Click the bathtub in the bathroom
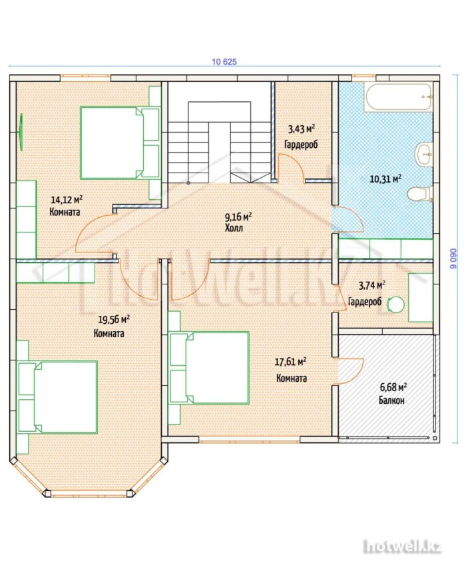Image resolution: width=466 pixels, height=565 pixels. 398,97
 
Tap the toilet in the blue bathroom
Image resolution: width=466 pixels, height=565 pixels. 419,194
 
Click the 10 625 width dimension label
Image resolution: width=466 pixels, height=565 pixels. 224,61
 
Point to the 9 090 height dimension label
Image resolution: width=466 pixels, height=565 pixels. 453,259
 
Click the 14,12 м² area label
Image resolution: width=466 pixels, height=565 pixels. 67,199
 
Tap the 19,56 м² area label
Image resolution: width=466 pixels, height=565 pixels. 114,319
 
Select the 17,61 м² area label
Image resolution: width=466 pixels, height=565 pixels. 290,361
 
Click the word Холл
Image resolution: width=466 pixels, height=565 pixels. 234,228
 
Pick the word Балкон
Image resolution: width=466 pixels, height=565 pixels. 391,400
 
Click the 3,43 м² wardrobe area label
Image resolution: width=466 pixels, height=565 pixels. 301,129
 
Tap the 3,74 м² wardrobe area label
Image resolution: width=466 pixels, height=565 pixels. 371,286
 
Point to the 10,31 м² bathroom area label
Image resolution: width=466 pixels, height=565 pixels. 385,179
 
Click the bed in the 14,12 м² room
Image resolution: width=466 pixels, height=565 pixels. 120,143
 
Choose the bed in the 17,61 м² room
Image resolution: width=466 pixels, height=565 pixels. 210,368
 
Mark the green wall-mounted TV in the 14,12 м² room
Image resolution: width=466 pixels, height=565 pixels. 21,132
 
